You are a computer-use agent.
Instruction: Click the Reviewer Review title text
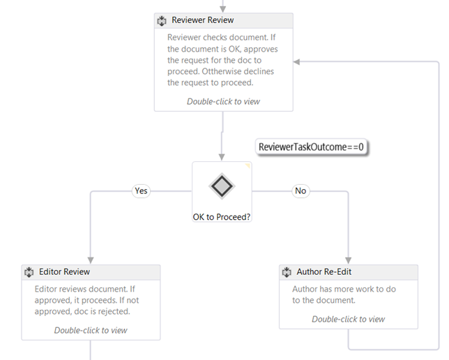[202, 20]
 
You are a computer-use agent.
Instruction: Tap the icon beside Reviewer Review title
[162, 21]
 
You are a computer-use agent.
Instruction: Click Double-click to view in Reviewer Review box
[223, 101]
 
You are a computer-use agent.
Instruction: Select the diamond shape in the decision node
[222, 186]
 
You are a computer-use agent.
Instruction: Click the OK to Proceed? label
[222, 217]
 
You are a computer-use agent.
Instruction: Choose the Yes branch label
[142, 190]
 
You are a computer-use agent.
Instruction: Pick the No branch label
[300, 190]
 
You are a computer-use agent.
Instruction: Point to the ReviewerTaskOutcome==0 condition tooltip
[312, 147]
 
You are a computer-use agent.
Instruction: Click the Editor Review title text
[63, 272]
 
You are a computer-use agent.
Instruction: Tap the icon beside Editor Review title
[29, 272]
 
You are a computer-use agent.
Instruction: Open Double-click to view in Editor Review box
[91, 330]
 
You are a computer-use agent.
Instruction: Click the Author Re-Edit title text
[325, 272]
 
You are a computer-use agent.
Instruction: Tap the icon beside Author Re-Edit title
[287, 272]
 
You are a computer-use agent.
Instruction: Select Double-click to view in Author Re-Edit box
[348, 319]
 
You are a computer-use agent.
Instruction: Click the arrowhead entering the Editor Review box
[91, 260]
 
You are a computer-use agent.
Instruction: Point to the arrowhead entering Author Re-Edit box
[348, 260]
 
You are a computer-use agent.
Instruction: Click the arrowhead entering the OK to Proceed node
[222, 157]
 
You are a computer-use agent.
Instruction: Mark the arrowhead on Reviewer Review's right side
[298, 62]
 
